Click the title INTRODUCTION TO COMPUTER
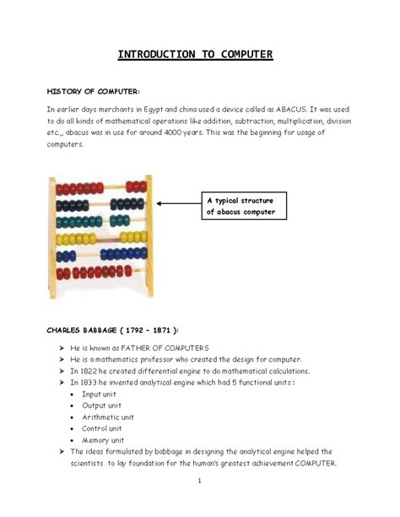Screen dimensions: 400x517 pos(201,56)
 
